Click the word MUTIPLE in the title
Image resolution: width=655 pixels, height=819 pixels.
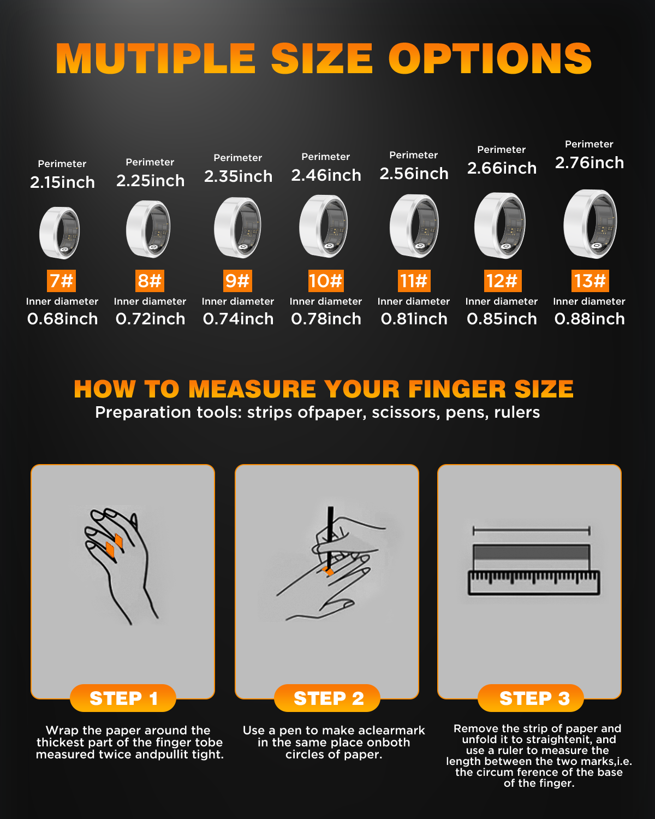pyautogui.click(x=156, y=58)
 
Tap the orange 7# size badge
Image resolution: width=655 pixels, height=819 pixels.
pyautogui.click(x=61, y=281)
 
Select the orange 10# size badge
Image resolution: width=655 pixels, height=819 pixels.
pyautogui.click(x=326, y=281)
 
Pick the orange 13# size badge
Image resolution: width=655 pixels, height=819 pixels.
pyautogui.click(x=590, y=281)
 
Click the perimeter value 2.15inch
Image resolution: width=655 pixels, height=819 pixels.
pyautogui.click(x=62, y=182)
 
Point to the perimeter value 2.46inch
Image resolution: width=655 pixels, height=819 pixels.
pyautogui.click(x=326, y=175)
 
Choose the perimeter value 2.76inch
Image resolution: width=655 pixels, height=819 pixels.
pyautogui.click(x=589, y=163)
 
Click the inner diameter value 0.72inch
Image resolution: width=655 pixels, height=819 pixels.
pyautogui.click(x=150, y=319)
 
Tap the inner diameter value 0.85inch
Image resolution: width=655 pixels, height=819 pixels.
pyautogui.click(x=502, y=319)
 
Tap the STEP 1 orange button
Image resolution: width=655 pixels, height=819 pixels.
pyautogui.click(x=123, y=698)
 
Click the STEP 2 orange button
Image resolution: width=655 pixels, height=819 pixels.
pyautogui.click(x=327, y=698)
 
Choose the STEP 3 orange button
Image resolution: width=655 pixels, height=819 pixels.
pyautogui.click(x=531, y=698)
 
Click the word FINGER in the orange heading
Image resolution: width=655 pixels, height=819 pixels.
pyautogui.click(x=457, y=389)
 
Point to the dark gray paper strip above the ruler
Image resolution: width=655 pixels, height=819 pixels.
pyautogui.click(x=531, y=552)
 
